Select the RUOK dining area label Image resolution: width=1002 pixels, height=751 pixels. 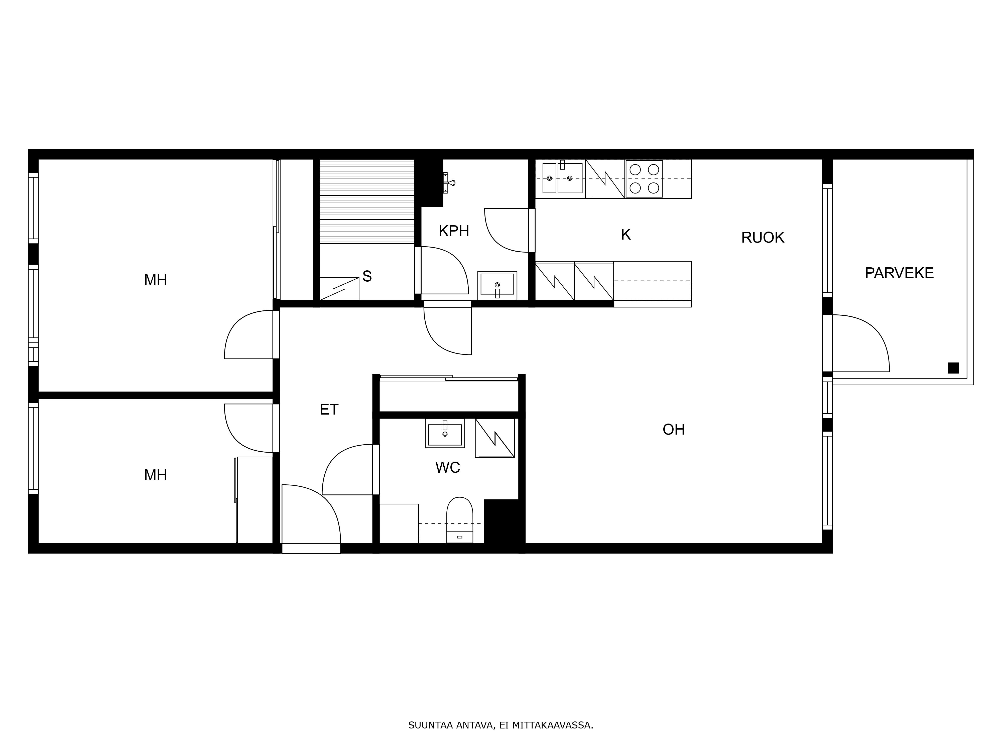coord(762,237)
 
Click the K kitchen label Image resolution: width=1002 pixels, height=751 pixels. coord(625,235)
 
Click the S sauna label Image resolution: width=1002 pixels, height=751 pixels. coord(367,276)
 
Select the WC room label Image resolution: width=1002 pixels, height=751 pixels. coord(448,467)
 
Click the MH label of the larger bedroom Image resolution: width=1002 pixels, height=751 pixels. coord(155,280)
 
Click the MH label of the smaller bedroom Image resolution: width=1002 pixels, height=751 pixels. coord(155,475)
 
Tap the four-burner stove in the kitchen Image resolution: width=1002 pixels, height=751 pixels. coord(644,179)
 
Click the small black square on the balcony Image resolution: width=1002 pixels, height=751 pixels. coord(953,368)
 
